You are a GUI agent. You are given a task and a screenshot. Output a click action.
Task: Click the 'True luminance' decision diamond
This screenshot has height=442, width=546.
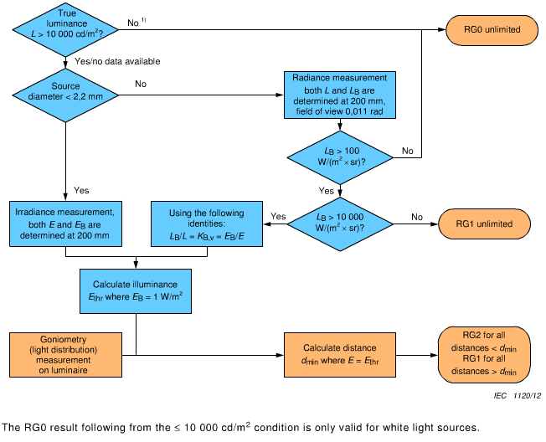64,29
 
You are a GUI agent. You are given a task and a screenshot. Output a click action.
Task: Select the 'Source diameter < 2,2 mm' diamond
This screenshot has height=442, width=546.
64,92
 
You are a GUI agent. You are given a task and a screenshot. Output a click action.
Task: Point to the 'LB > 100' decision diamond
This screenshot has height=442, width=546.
339,156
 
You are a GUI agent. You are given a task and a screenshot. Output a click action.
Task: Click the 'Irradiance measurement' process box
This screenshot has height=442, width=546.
64,224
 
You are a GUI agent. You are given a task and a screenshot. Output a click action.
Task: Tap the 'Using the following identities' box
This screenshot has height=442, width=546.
206,224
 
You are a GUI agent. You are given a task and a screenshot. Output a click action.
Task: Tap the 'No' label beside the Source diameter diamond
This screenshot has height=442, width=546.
140,85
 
